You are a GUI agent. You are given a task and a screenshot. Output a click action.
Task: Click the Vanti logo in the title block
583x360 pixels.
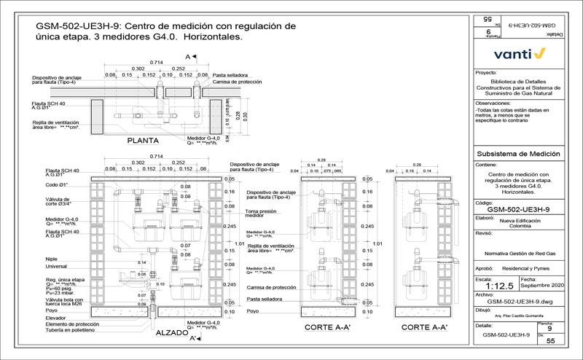520,53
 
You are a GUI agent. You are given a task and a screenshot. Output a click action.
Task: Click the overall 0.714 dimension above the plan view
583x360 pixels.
156,63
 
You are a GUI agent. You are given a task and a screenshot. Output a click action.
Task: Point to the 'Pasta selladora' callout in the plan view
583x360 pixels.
231,75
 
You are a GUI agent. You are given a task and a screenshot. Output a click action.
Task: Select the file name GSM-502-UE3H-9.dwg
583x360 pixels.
519,301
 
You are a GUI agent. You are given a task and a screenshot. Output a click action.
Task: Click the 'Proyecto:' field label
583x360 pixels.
486,74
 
